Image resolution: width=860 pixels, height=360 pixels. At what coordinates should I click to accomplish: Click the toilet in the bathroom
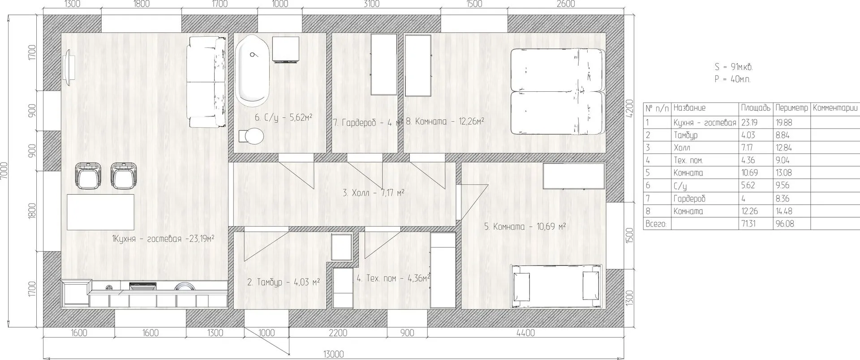coord(251,136)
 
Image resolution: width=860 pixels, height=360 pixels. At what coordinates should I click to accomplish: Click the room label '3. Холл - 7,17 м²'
coord(374,193)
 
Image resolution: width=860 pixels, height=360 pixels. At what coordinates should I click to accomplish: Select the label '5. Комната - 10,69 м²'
coord(525,227)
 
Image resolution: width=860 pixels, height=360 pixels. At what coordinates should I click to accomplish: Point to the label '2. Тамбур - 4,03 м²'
coord(284,282)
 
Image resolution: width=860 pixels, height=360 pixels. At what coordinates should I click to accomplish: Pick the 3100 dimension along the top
coord(371,4)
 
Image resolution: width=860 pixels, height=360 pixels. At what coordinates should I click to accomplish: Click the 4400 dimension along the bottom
coord(525,333)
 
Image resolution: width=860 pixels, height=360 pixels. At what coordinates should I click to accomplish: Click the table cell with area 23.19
coord(748,122)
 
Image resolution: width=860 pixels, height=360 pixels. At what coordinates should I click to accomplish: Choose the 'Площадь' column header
coord(756,108)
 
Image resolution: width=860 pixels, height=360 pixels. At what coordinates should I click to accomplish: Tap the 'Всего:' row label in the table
coord(656,223)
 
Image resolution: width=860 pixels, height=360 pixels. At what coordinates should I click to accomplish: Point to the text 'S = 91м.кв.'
coord(734,67)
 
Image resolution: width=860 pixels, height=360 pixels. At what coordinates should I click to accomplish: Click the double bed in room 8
coord(558,91)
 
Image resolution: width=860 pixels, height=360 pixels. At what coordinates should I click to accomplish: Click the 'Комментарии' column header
coord(835,108)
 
